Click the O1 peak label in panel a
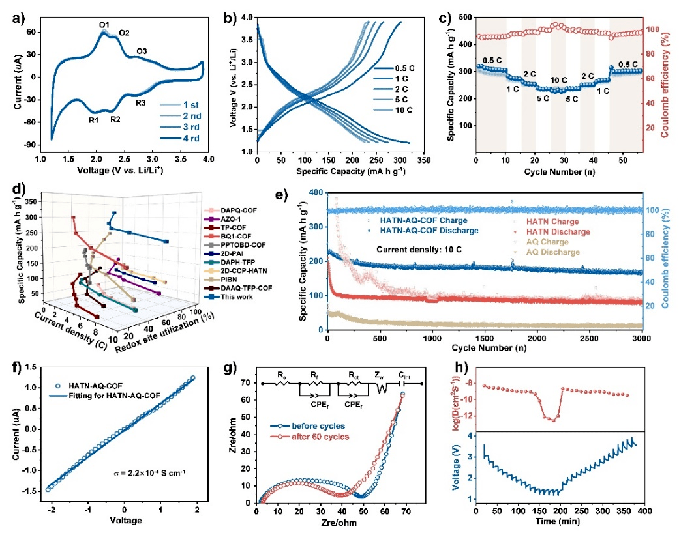point(104,25)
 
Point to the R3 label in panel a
point(141,103)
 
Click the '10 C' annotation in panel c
point(558,80)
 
